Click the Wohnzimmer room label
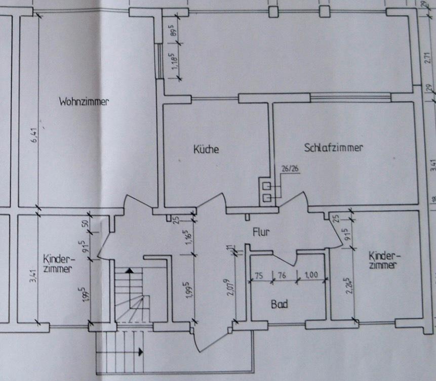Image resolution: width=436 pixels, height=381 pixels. [x=84, y=101]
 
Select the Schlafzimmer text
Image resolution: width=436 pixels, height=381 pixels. [x=334, y=148]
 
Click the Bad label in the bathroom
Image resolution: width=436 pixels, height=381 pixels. [x=279, y=305]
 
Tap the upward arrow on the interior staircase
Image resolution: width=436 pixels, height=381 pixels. [x=130, y=271]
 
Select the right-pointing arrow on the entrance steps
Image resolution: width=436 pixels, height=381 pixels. [x=139, y=350]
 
